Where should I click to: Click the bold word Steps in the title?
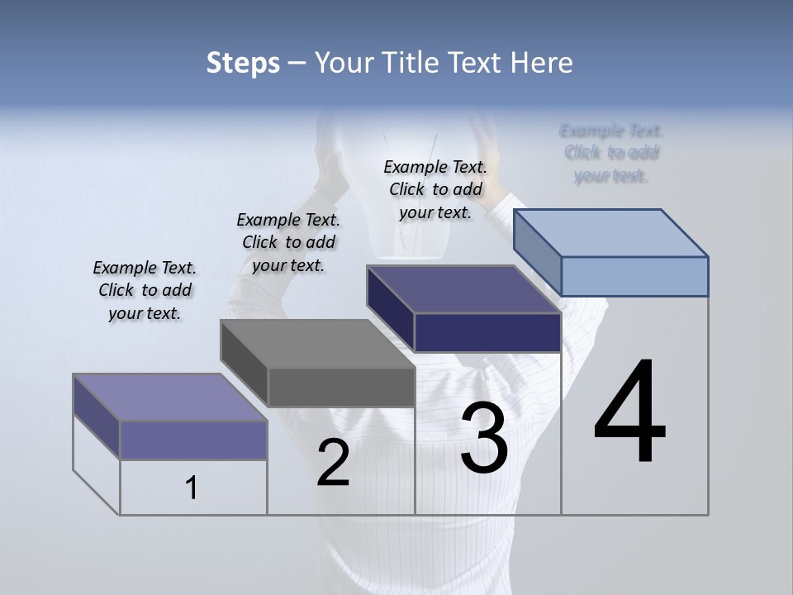click(x=243, y=63)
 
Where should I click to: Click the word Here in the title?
click(x=542, y=63)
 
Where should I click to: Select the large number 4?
click(x=629, y=413)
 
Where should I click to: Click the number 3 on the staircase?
click(x=484, y=438)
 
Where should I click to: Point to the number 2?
click(x=333, y=463)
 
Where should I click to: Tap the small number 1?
click(x=192, y=488)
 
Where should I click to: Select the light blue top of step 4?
click(x=611, y=232)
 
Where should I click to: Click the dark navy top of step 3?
click(x=463, y=289)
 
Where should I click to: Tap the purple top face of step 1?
click(x=169, y=397)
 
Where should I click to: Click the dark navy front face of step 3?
click(x=487, y=332)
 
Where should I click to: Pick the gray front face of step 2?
click(x=341, y=387)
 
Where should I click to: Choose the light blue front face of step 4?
click(x=634, y=276)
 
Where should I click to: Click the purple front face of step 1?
click(x=193, y=440)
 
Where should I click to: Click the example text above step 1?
click(x=145, y=291)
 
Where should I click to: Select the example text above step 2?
click(x=288, y=243)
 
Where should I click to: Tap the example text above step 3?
click(x=435, y=189)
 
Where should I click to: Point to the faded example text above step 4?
click(x=611, y=153)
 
